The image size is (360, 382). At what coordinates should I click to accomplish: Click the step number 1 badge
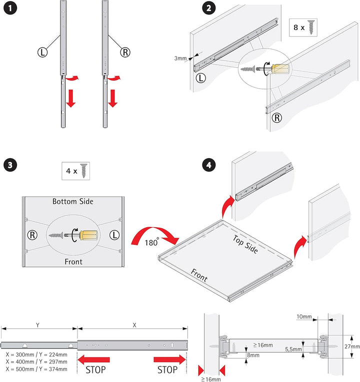click(10, 8)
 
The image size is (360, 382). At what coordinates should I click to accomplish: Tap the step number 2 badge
click(208, 8)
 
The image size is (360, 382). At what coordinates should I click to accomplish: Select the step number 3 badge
click(10, 165)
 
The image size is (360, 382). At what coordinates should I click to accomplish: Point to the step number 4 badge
click(208, 165)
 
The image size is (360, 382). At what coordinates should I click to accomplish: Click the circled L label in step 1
click(42, 52)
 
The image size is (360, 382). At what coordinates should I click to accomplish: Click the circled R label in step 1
click(125, 52)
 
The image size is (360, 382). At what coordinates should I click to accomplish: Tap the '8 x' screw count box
click(303, 28)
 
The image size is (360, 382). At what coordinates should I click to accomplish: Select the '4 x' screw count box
click(75, 171)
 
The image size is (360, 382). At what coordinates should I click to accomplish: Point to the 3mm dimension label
click(180, 58)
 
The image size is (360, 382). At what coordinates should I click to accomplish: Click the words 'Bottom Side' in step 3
click(73, 201)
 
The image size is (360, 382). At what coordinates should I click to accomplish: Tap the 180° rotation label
click(151, 242)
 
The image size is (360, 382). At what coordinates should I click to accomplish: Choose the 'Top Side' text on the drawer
click(245, 244)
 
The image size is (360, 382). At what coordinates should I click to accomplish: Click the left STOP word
click(95, 370)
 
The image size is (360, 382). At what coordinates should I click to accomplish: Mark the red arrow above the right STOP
click(170, 359)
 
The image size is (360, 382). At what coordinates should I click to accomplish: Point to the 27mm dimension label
click(352, 346)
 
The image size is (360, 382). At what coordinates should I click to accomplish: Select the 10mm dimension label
click(304, 316)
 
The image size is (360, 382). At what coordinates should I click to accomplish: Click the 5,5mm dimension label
click(293, 349)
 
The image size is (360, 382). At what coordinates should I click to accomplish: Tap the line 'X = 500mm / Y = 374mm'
click(36, 369)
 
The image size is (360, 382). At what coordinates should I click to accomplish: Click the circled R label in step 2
click(277, 118)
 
